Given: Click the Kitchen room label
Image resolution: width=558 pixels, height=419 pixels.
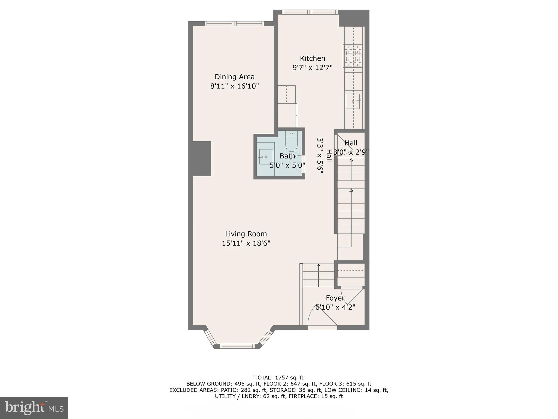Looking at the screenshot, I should [313, 58].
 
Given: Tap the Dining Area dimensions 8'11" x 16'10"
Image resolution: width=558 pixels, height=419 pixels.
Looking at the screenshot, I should [234, 86].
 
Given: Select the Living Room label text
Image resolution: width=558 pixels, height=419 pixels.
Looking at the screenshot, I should [246, 234].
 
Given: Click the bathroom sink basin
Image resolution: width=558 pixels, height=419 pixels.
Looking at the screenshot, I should [266, 157].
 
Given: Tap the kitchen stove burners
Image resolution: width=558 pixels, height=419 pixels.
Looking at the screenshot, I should [353, 56].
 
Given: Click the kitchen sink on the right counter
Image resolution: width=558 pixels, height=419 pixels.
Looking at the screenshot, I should [353, 101].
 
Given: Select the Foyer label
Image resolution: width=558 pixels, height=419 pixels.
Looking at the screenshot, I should [335, 298].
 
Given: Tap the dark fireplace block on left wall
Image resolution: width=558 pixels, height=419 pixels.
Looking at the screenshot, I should [202, 158].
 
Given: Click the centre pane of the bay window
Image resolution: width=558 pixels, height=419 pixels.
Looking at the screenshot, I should [237, 346].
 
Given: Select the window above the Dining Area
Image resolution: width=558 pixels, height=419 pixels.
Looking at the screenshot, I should [234, 23].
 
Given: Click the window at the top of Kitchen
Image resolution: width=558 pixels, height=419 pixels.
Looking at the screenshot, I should [310, 12].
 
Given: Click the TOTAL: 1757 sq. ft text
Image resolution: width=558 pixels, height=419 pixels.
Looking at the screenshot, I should [279, 378].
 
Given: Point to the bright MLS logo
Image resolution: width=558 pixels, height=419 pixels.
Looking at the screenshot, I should [34, 408].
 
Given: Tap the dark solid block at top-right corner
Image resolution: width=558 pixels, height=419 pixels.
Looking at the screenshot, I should [354, 18].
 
